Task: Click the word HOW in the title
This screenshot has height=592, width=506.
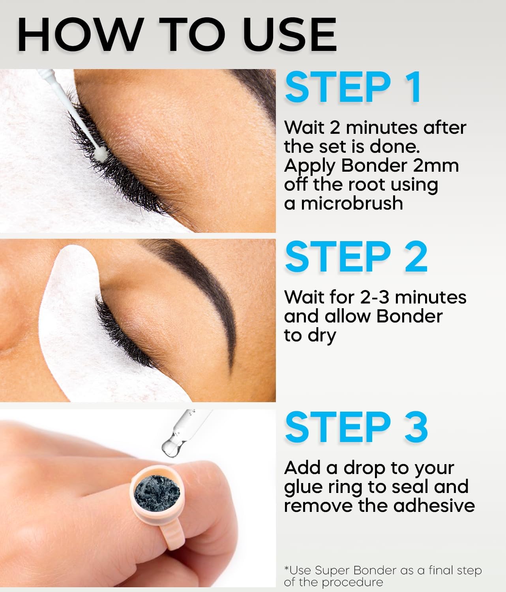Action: [x=81, y=35]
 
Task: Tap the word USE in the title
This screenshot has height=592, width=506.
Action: [x=290, y=35]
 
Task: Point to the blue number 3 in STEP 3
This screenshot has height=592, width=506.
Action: [x=416, y=427]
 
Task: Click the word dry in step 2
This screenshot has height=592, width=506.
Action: [x=322, y=336]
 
